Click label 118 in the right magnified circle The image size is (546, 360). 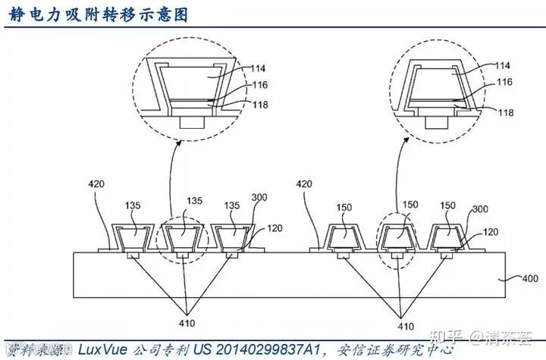pos(506,112)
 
